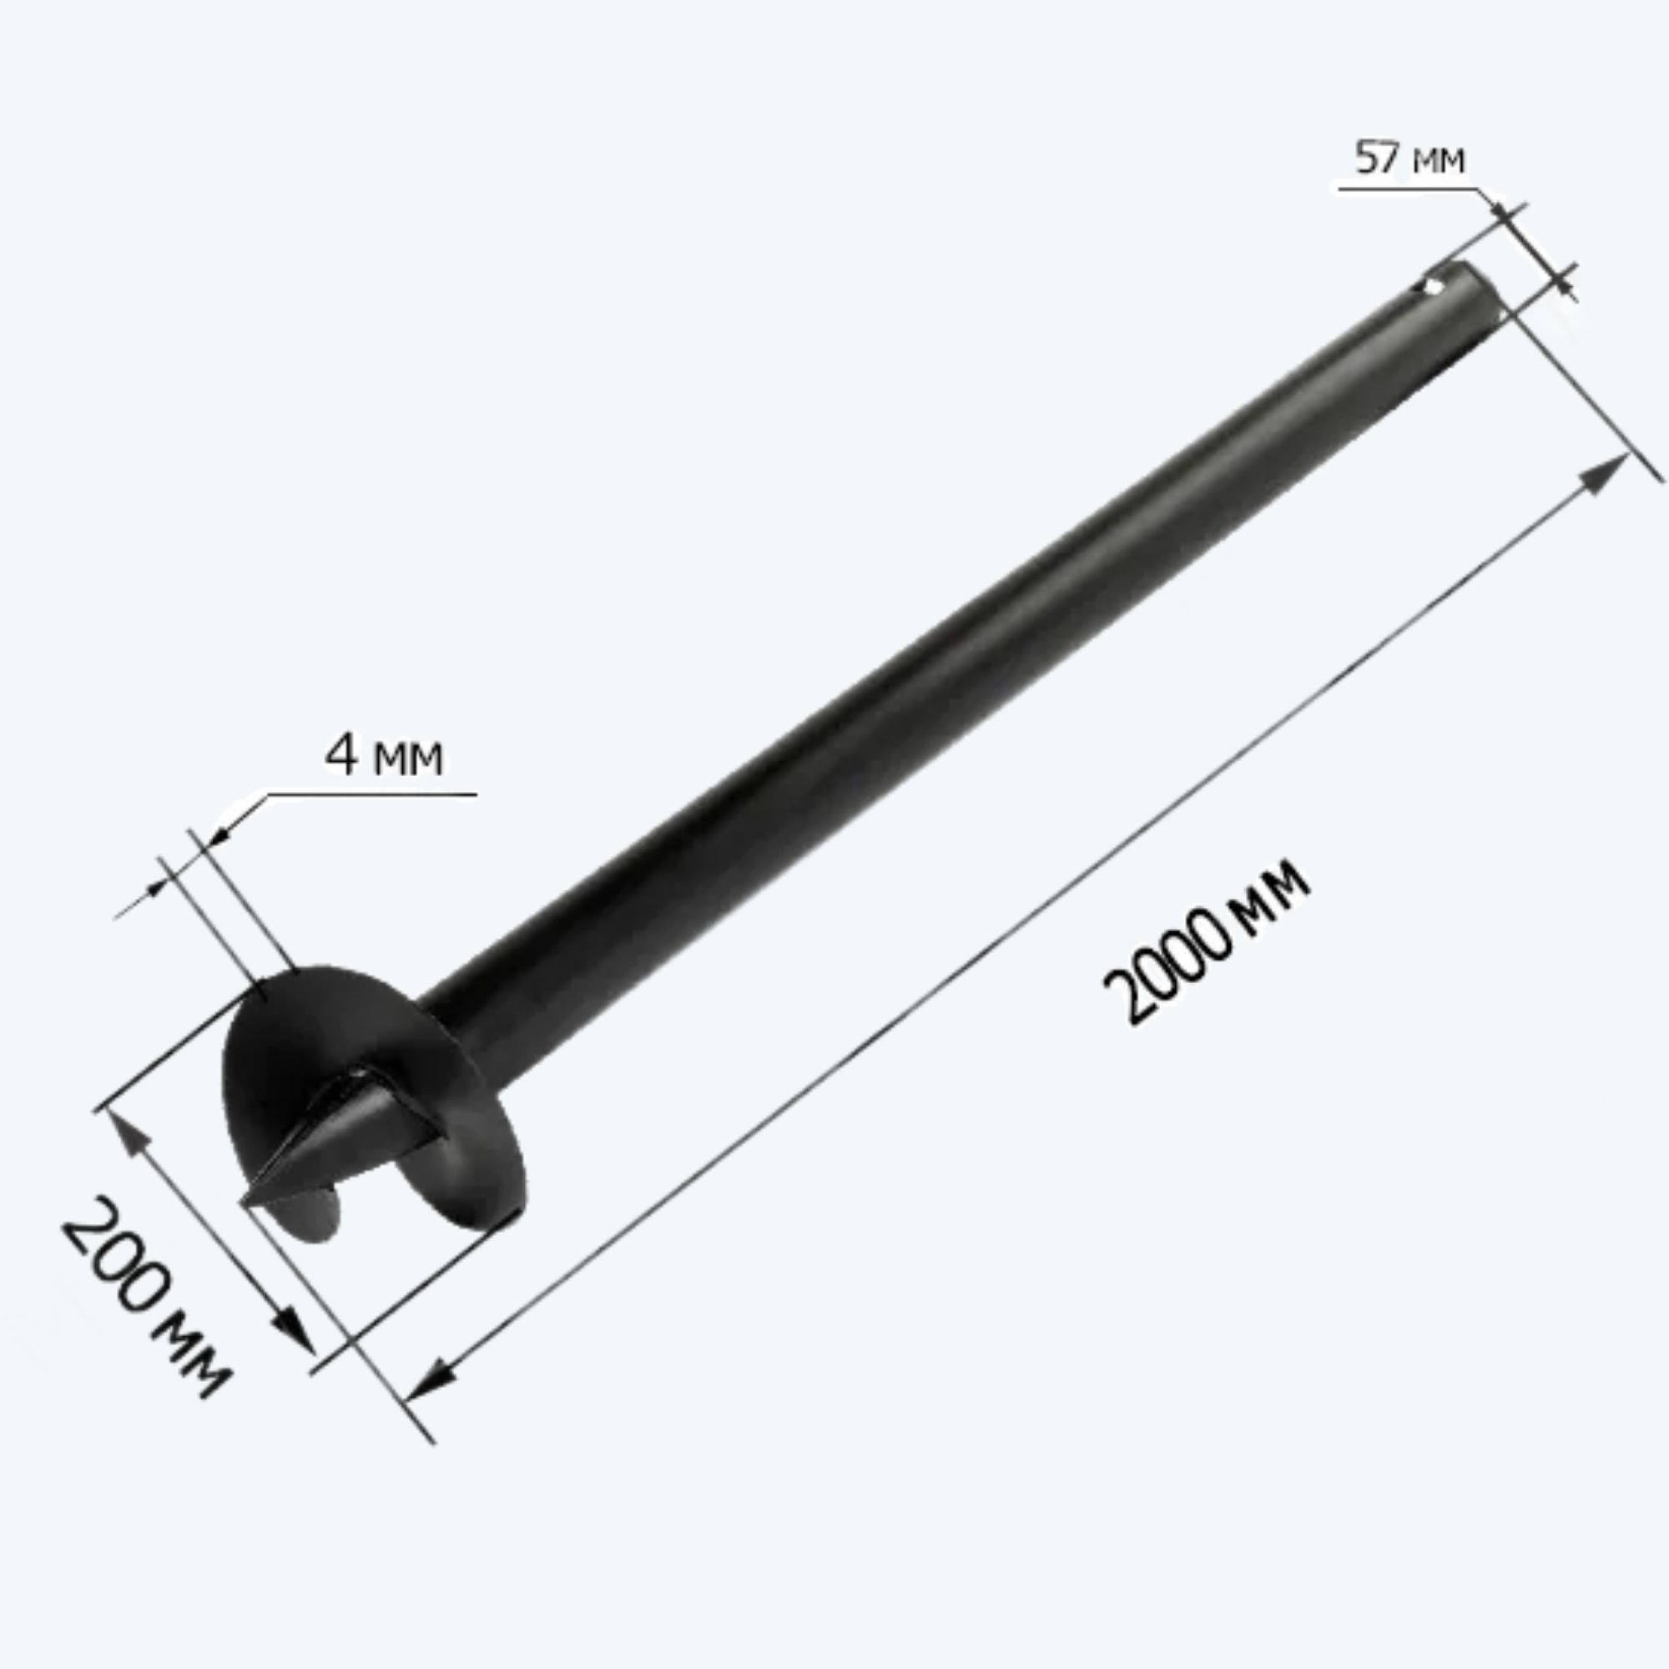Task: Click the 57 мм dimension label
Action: click(x=1409, y=158)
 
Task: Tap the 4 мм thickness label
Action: click(x=384, y=755)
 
